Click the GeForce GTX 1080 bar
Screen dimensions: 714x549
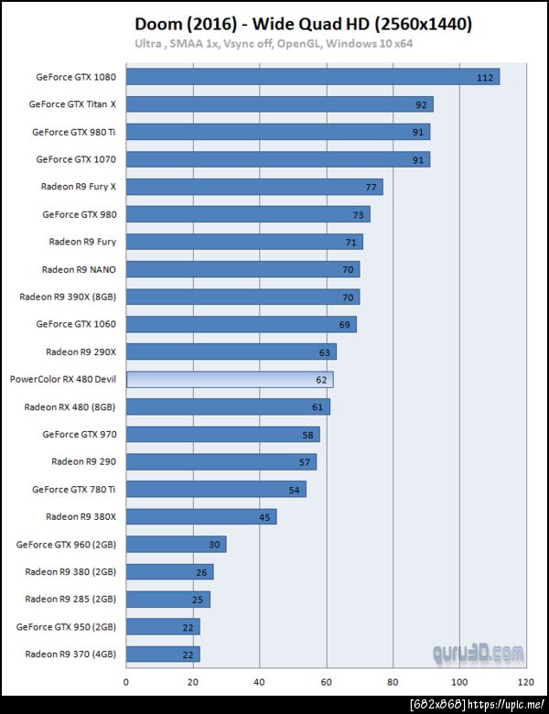[312, 77]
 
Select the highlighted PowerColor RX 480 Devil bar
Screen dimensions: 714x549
[229, 379]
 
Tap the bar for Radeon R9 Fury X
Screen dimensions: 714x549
[253, 187]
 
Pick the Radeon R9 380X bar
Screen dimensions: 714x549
[200, 516]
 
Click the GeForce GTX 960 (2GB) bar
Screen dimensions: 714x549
[176, 544]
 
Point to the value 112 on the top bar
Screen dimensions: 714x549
[485, 78]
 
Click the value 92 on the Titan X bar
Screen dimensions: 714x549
[421, 105]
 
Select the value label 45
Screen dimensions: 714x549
[264, 517]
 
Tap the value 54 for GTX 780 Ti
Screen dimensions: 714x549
[294, 490]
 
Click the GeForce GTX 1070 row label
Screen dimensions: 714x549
[76, 159]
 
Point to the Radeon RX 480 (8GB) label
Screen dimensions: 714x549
[70, 406]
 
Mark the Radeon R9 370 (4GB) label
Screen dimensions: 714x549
[70, 654]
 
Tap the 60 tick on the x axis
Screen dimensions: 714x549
[326, 682]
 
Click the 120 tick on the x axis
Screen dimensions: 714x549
[525, 682]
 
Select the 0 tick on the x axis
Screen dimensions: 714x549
[126, 682]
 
